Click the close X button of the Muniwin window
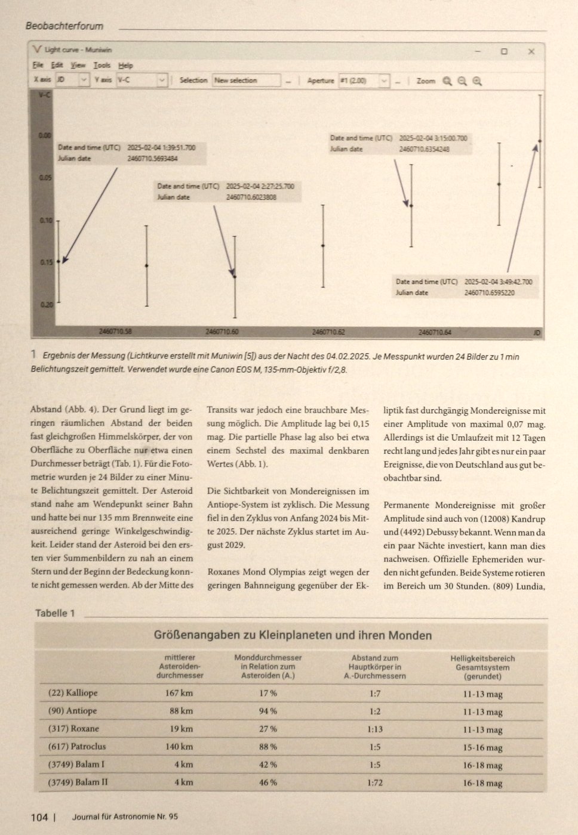[531, 51]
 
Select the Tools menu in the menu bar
[102, 65]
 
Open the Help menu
[125, 65]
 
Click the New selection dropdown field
[246, 80]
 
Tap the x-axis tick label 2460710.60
[222, 332]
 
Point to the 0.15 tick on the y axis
[46, 262]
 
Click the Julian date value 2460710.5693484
[152, 159]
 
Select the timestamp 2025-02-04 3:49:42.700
[498, 282]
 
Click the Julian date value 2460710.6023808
[251, 197]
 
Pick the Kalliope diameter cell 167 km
[179, 693]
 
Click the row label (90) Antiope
[72, 711]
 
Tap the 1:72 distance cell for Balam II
[374, 783]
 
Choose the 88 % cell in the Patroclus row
[268, 747]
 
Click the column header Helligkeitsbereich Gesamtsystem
[482, 667]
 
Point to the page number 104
[39, 817]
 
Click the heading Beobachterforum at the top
[64, 26]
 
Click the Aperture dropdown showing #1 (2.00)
[364, 80]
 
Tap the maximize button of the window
[504, 51]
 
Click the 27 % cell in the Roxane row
[268, 729]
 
